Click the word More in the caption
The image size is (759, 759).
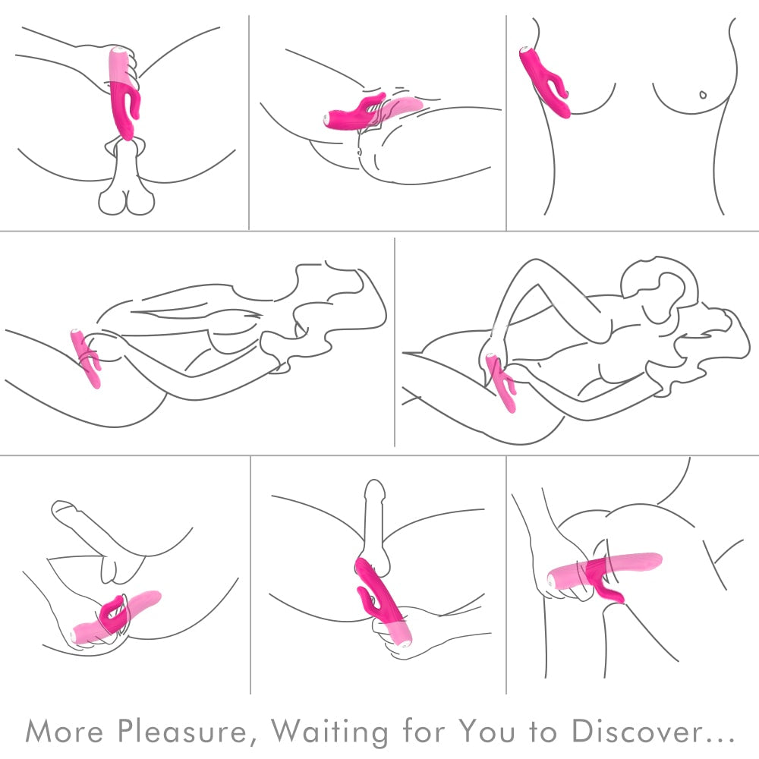(64, 730)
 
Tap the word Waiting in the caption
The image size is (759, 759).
(329, 732)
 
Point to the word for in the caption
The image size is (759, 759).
(423, 730)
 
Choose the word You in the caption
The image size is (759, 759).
(488, 730)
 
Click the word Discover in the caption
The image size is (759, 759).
(637, 730)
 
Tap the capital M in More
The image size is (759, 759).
(38, 731)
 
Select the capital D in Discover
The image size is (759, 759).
(583, 731)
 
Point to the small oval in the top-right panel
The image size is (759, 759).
(703, 95)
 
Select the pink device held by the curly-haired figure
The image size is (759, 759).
(500, 382)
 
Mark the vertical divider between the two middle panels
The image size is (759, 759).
(395, 342)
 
